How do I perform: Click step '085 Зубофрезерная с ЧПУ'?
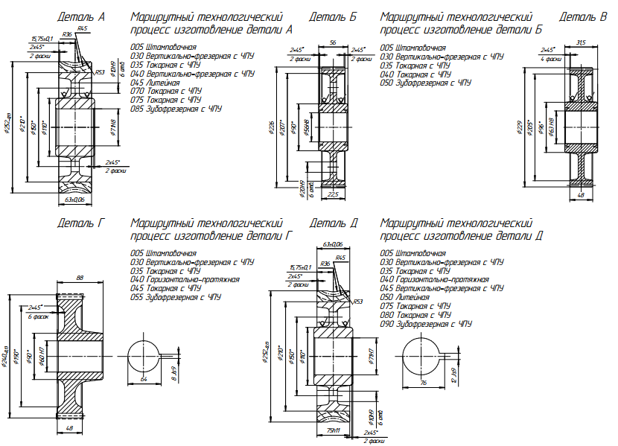coord(176,109)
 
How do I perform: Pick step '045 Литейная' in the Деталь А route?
coord(155,82)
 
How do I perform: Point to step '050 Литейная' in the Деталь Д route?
coord(404,296)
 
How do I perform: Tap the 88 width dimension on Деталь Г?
coord(80,278)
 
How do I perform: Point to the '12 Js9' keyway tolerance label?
coord(453,375)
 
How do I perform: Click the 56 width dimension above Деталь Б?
coord(332,43)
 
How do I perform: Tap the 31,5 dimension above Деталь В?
coord(580,43)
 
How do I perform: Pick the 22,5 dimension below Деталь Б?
coord(333,194)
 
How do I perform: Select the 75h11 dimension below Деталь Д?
coord(333,430)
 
